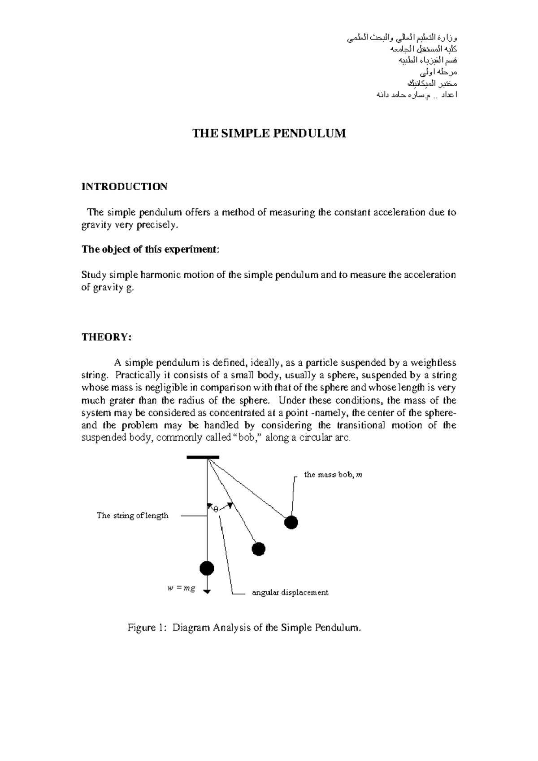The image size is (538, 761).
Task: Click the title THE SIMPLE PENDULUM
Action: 269,133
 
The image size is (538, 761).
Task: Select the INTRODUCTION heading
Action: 124,187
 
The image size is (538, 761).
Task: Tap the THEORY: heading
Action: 106,337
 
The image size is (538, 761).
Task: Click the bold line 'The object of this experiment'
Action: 150,250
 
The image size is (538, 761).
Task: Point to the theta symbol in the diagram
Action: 215,509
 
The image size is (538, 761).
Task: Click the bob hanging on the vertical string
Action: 207,569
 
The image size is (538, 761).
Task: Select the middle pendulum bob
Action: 259,549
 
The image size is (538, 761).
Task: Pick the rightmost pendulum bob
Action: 291,522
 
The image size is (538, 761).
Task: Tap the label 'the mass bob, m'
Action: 333,475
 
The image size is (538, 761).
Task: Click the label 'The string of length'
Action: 133,516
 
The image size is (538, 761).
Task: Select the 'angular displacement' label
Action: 290,593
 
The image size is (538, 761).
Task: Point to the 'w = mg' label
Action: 181,589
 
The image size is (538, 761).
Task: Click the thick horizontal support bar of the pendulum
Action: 203,457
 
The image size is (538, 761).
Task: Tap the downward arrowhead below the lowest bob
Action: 207,591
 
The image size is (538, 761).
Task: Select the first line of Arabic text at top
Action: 402,38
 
